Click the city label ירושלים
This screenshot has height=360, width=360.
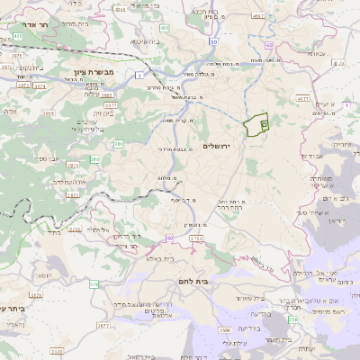click(217, 146)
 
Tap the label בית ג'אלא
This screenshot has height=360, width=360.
click(171, 258)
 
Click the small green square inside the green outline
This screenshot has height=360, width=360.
click(264, 123)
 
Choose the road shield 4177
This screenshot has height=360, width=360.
click(302, 99)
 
